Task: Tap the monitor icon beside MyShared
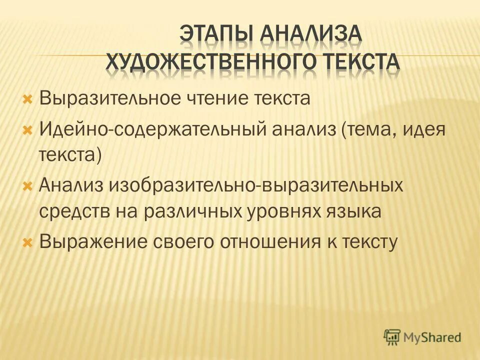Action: pyautogui.click(x=392, y=337)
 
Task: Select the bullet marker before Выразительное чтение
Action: pyautogui.click(x=28, y=97)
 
